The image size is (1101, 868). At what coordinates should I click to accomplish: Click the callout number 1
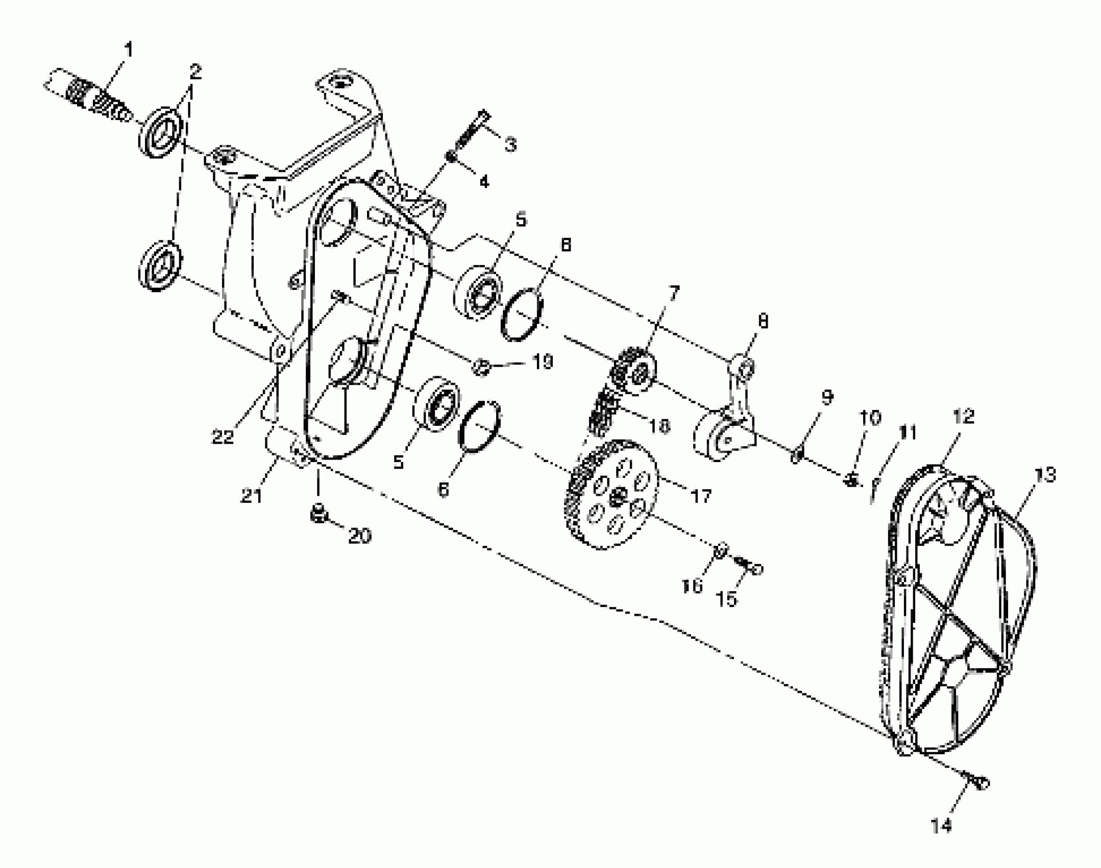(x=129, y=50)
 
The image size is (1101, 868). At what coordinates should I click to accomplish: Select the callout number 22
(x=222, y=437)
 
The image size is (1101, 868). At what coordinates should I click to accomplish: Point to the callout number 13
(x=1045, y=475)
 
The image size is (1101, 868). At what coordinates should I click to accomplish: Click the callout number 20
(x=359, y=536)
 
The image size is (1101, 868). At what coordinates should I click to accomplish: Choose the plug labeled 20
(x=319, y=514)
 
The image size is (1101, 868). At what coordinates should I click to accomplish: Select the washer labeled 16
(x=720, y=551)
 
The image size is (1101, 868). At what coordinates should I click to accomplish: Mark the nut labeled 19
(x=482, y=367)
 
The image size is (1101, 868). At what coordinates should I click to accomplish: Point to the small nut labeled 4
(x=452, y=156)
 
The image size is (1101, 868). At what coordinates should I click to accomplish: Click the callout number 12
(x=963, y=417)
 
